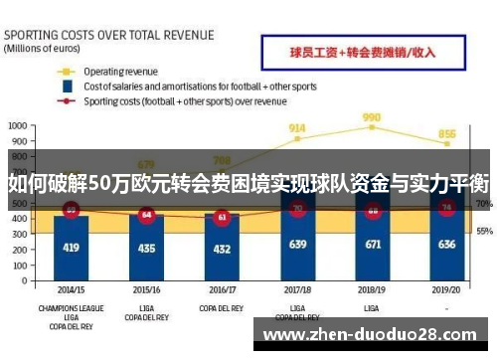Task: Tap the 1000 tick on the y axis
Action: (17, 126)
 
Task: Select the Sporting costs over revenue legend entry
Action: (184, 100)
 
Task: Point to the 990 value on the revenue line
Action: (372, 117)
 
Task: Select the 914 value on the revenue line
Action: (296, 128)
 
